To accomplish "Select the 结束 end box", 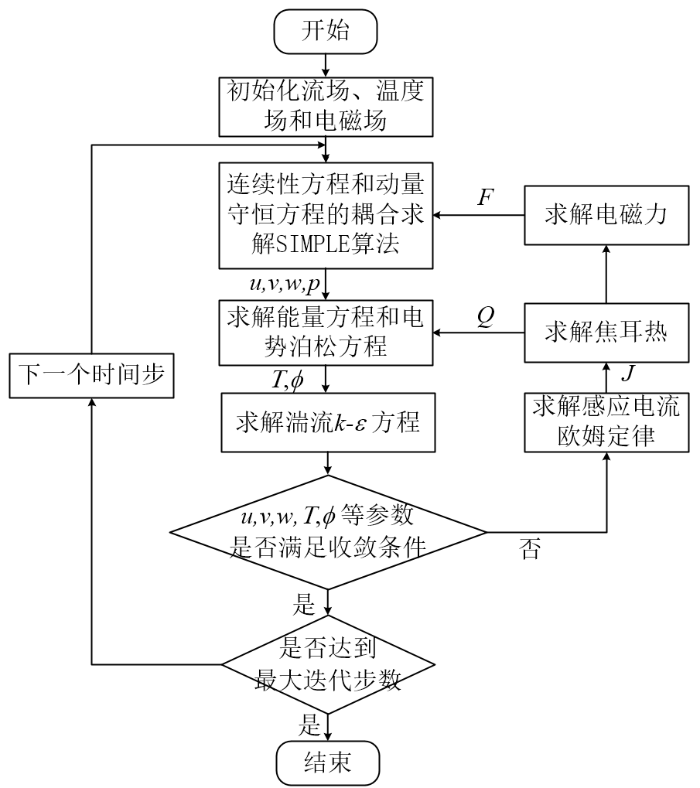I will click(328, 762).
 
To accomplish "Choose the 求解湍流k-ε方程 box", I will click(328, 425).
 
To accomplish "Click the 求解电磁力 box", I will click(606, 215).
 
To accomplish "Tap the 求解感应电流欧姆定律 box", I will click(606, 422).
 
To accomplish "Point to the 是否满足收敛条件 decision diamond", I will click(328, 532).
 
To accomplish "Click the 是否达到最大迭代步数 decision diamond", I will click(328, 663).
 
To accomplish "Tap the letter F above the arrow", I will click(485, 197).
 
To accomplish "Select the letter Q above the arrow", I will click(485, 318).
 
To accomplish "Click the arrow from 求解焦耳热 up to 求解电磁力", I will click(606, 274).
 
